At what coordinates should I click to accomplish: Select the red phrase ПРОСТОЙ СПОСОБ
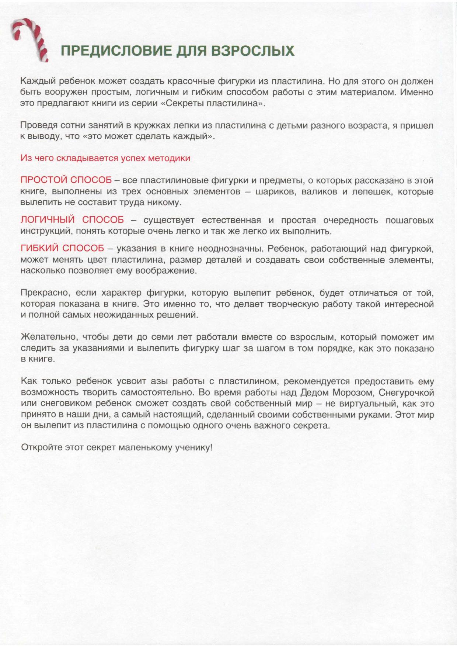66,180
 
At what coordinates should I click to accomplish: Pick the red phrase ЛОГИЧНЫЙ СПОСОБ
72,220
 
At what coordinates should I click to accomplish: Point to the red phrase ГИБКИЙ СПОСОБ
62,249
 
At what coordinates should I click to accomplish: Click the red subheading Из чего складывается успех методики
105,158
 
